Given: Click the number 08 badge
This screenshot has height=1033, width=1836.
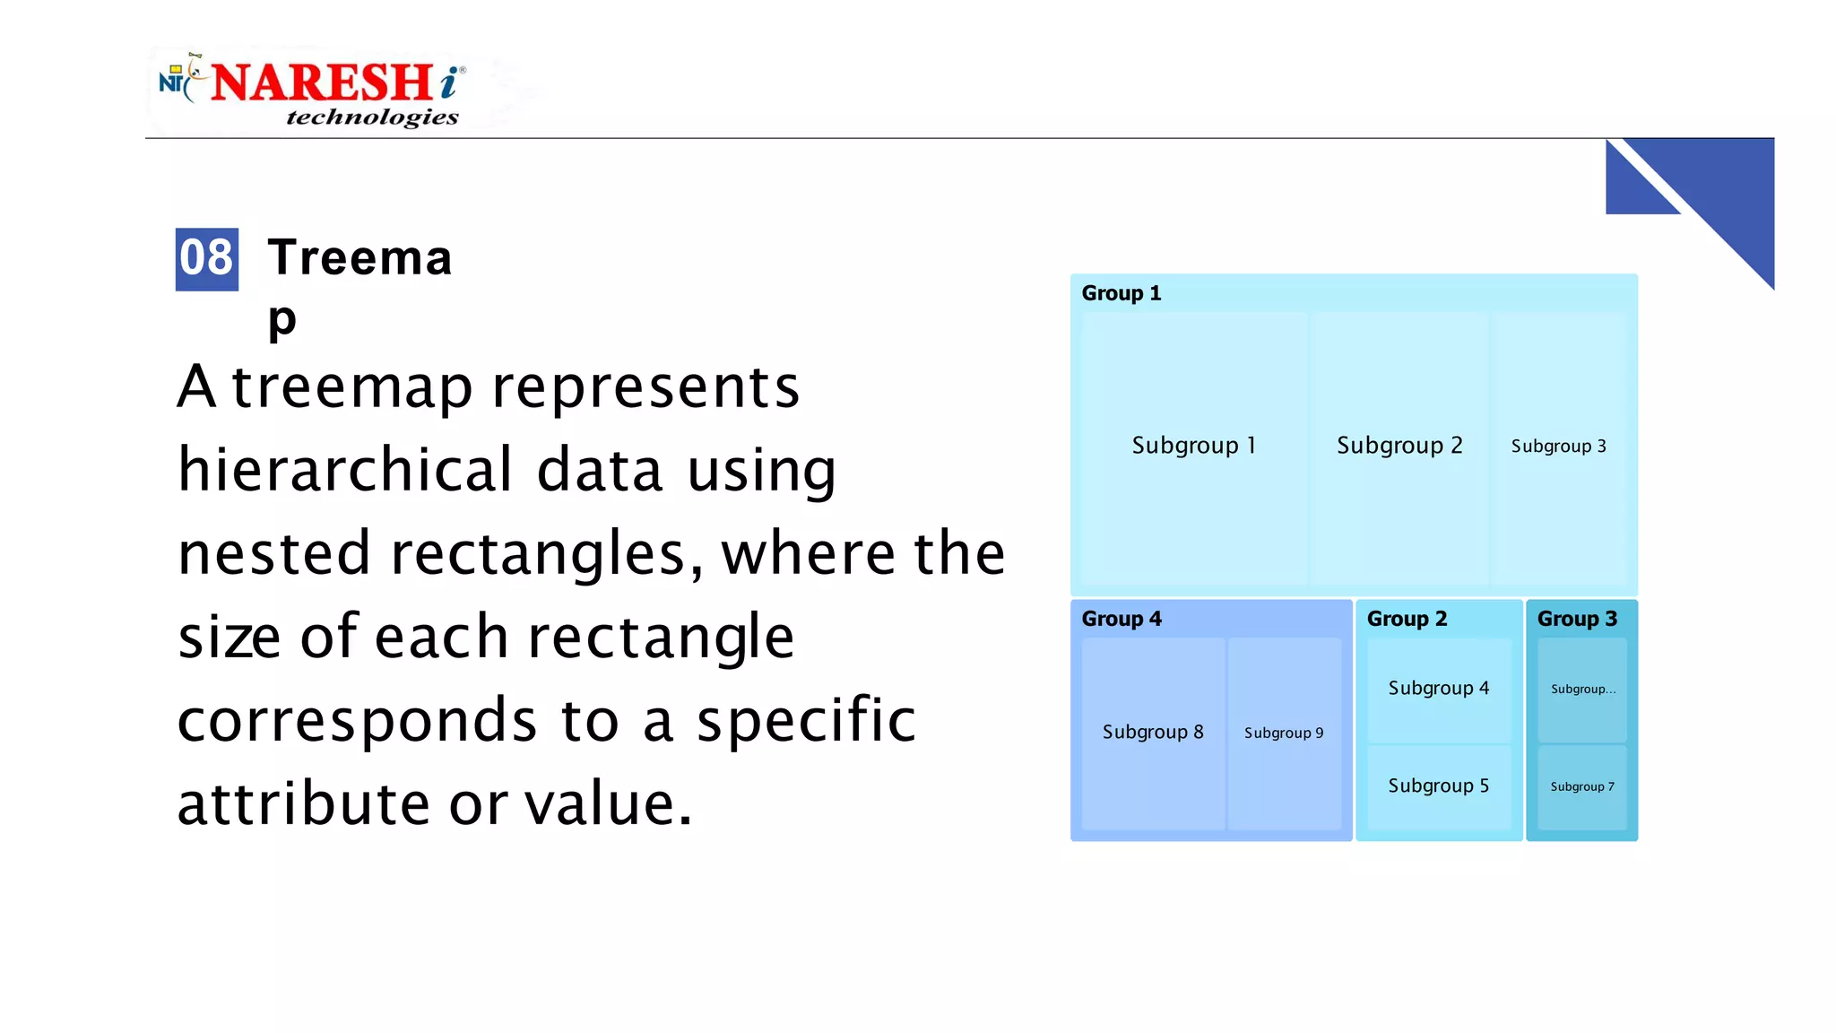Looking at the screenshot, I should (x=206, y=259).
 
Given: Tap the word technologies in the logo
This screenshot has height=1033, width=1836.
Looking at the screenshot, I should (x=372, y=117).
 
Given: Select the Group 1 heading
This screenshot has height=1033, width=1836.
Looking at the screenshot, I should (x=1121, y=293).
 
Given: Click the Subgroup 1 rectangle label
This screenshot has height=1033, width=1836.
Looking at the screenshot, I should (x=1193, y=446).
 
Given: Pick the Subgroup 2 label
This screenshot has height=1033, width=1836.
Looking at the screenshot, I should (x=1399, y=446).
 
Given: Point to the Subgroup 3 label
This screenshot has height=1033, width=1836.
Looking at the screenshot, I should (x=1558, y=447).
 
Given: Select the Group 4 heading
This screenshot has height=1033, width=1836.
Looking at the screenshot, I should (x=1121, y=619).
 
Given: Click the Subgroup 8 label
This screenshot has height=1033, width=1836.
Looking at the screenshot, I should (x=1153, y=733).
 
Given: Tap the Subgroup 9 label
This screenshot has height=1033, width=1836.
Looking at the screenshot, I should (x=1283, y=734).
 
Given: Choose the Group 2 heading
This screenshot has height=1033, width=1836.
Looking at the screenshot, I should (x=1407, y=619).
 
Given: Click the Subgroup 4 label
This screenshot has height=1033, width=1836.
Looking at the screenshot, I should (x=1438, y=689).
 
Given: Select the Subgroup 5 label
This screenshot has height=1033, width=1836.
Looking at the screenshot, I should (x=1438, y=786).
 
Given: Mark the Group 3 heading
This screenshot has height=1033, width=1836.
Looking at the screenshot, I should (x=1577, y=619).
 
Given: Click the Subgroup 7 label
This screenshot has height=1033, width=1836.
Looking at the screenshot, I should (x=1582, y=787).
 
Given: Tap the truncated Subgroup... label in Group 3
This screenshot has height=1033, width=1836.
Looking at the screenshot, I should (x=1583, y=690).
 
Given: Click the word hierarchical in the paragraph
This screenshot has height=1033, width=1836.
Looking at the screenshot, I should (x=345, y=470).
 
